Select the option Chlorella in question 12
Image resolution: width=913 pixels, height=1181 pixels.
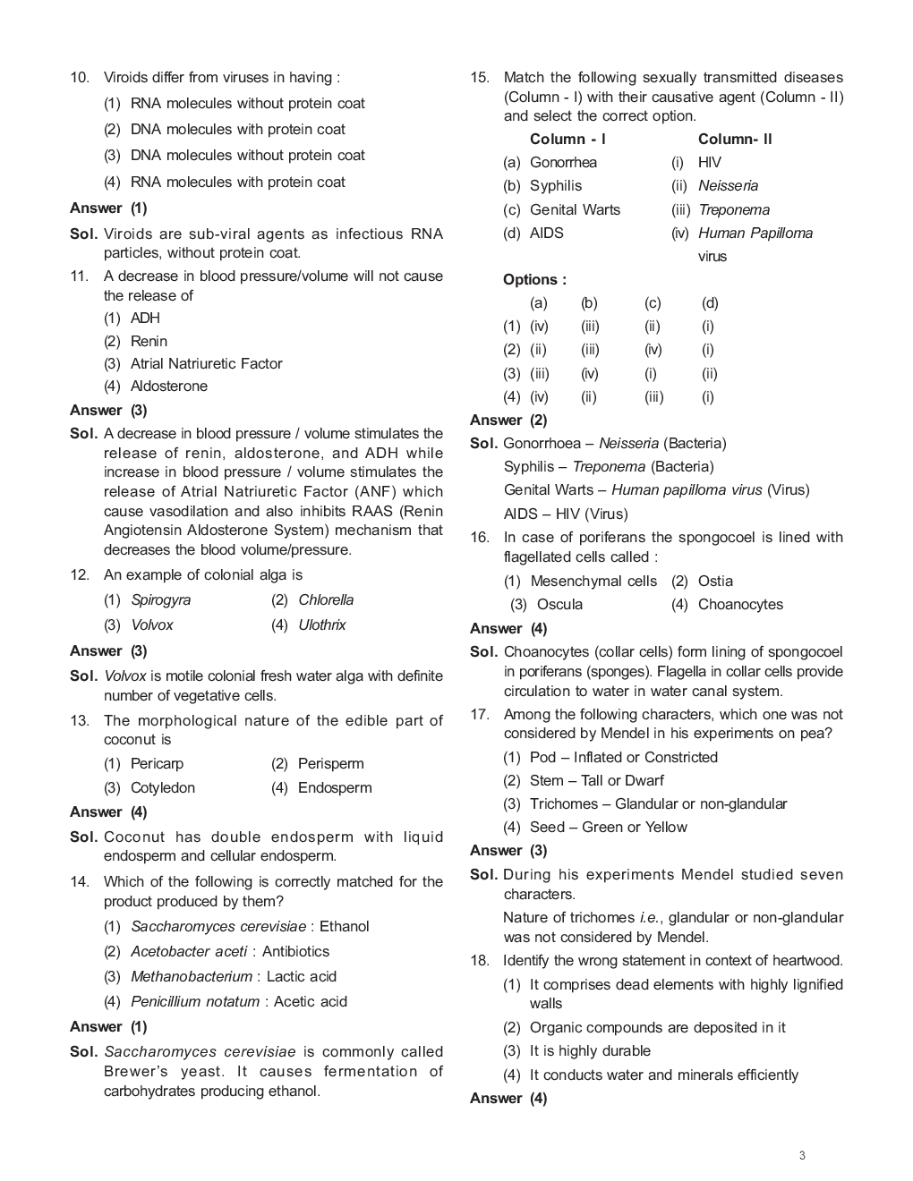click(325, 599)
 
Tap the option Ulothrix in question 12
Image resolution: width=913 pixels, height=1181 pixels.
click(321, 624)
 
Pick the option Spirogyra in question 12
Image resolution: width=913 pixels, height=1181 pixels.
click(160, 599)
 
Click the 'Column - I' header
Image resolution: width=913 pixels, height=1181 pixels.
click(567, 139)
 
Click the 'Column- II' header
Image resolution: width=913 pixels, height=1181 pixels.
click(735, 139)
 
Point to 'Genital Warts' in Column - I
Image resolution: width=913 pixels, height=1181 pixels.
click(575, 209)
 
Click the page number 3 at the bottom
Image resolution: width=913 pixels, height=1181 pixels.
click(802, 1155)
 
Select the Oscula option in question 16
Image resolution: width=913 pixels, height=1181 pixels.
click(559, 604)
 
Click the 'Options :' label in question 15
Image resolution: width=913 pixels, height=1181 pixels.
click(534, 279)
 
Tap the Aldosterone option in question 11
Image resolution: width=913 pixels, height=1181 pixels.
click(168, 386)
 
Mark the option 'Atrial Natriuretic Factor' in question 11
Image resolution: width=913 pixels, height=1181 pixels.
click(206, 363)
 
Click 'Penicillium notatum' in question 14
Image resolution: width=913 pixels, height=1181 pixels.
click(195, 1001)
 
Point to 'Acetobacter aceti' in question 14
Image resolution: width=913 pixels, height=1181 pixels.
click(189, 951)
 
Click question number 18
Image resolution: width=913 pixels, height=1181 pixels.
click(479, 960)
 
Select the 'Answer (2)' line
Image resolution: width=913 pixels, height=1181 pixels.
click(508, 420)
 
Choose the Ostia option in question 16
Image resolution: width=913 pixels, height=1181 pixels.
click(715, 581)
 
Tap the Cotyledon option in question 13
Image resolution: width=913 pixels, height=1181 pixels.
click(162, 787)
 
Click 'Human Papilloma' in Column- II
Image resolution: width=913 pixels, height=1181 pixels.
click(755, 233)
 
